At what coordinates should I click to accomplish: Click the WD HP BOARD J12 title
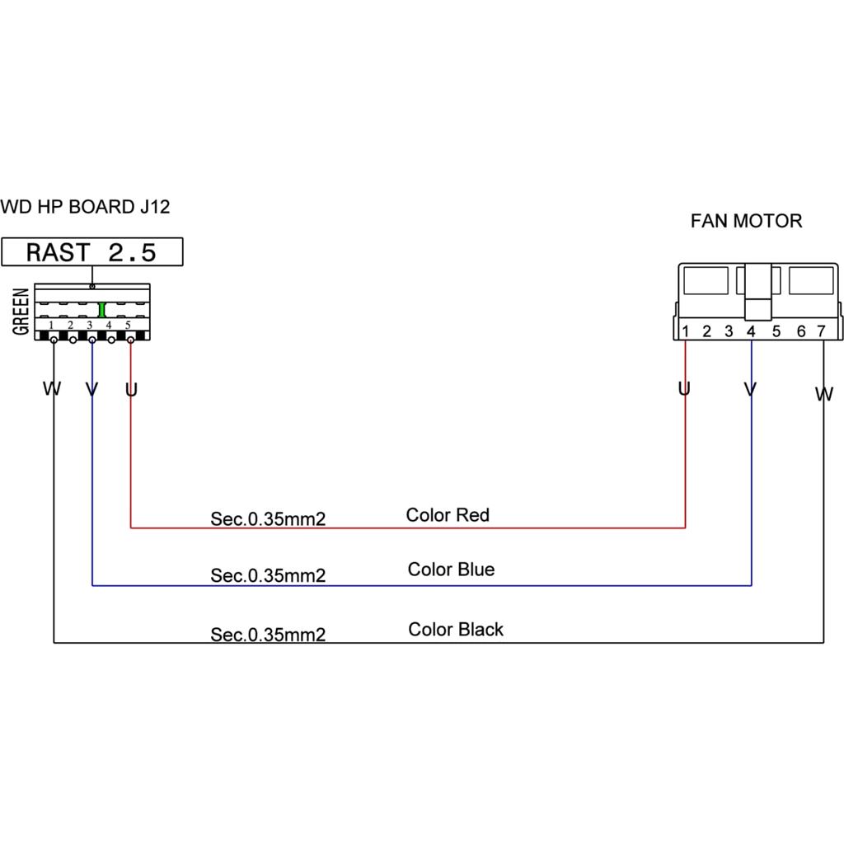tap(85, 207)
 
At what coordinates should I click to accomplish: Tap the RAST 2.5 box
tap(92, 252)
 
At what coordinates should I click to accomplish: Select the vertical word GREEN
tap(21, 312)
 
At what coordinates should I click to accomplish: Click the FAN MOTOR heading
tap(746, 221)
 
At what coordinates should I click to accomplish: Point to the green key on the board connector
tap(101, 310)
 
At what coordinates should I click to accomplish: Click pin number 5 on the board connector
tap(128, 325)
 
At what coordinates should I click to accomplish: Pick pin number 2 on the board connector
tap(71, 325)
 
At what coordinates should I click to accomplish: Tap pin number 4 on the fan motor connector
tap(751, 331)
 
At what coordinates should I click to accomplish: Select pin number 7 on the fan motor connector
tap(821, 331)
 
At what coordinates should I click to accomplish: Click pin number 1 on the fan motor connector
tap(685, 331)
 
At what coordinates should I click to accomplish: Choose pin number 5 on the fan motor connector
tap(776, 331)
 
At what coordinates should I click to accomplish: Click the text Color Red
tap(448, 515)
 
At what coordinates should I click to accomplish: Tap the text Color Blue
tap(451, 570)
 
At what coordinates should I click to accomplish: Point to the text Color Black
tap(455, 629)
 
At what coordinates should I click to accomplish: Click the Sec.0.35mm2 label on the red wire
tap(268, 519)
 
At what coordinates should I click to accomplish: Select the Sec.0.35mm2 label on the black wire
tap(268, 635)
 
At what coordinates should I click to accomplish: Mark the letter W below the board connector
tap(52, 389)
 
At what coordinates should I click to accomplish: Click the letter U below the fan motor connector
tap(684, 389)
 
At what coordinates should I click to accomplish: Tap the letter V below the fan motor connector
tap(750, 389)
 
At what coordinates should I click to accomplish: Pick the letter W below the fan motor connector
tap(824, 394)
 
